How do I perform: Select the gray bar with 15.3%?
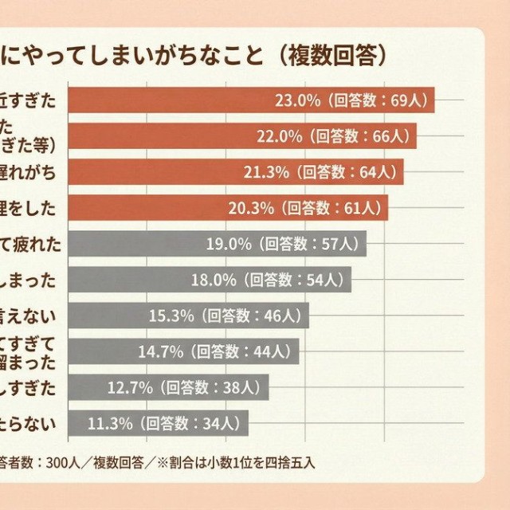[188, 316]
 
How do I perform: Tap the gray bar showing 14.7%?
[183, 351]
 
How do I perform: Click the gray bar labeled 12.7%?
[168, 387]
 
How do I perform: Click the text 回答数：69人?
[379, 101]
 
